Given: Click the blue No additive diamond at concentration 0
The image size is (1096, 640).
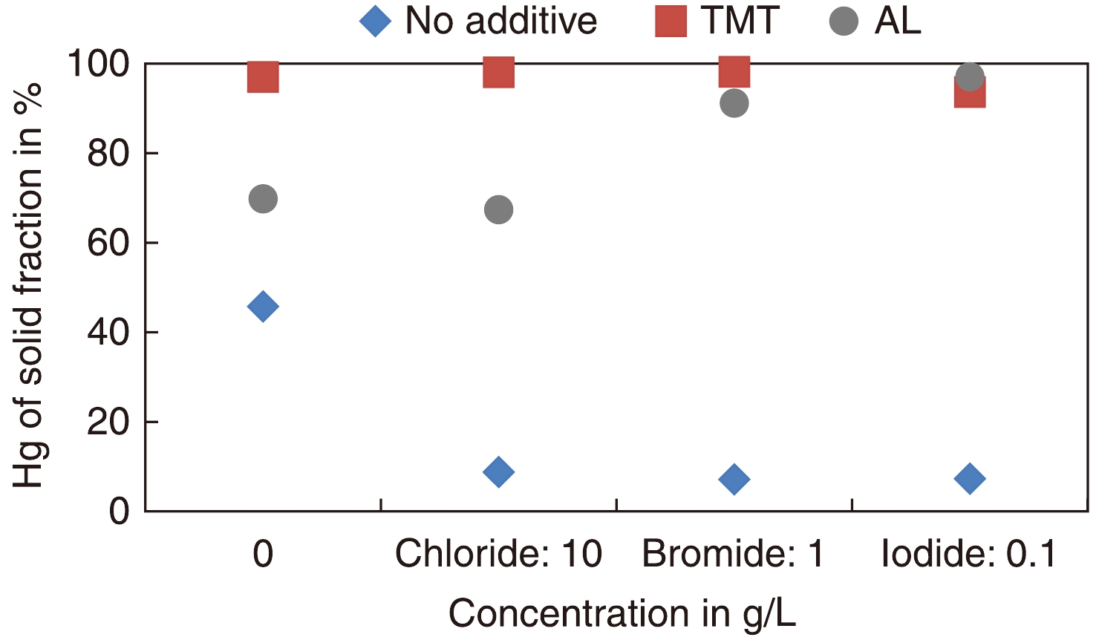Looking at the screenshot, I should pyautogui.click(x=263, y=306).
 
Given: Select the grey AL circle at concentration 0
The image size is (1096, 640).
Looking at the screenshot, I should pyautogui.click(x=263, y=199).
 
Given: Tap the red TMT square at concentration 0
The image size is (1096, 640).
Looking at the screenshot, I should pyautogui.click(x=263, y=76).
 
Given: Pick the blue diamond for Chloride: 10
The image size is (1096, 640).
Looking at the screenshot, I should pyautogui.click(x=498, y=471).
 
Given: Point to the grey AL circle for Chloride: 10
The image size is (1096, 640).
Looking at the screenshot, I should pyautogui.click(x=498, y=210).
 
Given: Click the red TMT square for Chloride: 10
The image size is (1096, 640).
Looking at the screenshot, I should pyautogui.click(x=498, y=72).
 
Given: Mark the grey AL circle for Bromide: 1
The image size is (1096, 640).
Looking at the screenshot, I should pyautogui.click(x=734, y=103).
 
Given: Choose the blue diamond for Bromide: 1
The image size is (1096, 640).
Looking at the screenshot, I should pyautogui.click(x=734, y=479).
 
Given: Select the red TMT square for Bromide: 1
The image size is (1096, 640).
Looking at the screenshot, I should pyautogui.click(x=734, y=71).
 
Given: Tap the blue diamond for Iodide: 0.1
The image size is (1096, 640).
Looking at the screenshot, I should pyautogui.click(x=970, y=478).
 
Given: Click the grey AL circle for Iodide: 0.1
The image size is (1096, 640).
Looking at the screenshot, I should pyautogui.click(x=970, y=76).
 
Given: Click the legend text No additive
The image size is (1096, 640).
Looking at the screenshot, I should pyautogui.click(x=500, y=21).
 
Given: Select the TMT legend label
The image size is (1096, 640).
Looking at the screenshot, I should pyautogui.click(x=740, y=21).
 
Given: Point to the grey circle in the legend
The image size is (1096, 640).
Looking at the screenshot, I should pyautogui.click(x=844, y=21).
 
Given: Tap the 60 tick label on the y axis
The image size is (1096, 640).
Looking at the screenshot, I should pyautogui.click(x=108, y=243).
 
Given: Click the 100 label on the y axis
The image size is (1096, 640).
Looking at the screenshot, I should pyautogui.click(x=99, y=65).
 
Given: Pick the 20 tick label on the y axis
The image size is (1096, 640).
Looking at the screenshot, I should pyautogui.click(x=108, y=422).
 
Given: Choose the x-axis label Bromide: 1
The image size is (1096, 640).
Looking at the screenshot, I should pyautogui.click(x=733, y=554).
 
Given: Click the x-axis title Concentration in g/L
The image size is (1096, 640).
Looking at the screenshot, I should pyautogui.click(x=622, y=614).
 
